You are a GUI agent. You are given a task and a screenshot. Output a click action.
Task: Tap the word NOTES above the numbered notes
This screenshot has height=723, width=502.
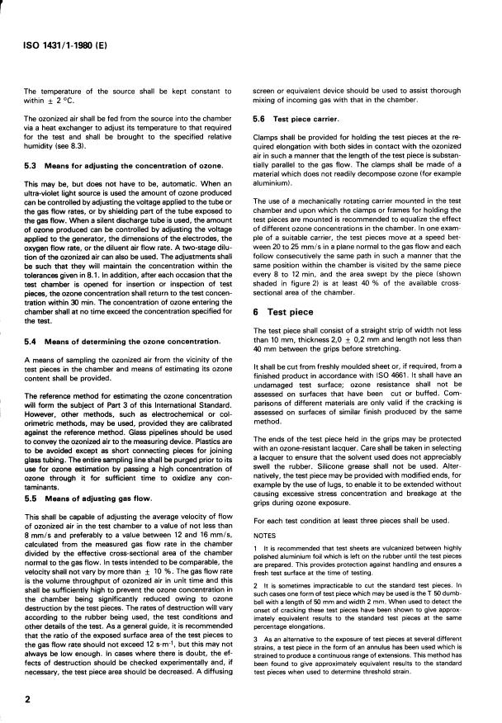point(266,512)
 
